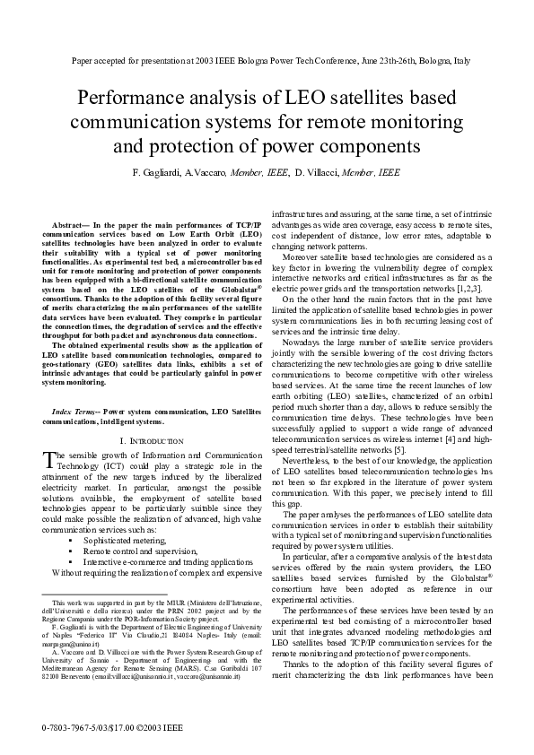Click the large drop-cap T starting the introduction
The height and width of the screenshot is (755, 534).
[x=49, y=460]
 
